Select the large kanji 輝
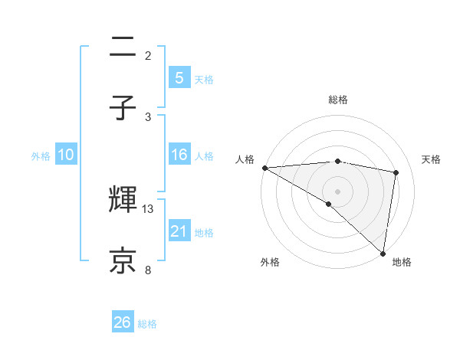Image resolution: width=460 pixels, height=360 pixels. [x=123, y=201]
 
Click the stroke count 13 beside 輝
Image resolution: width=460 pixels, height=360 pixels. [x=149, y=209]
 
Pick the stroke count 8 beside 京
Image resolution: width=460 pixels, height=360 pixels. [x=148, y=269]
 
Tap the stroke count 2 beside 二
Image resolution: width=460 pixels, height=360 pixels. [x=148, y=56]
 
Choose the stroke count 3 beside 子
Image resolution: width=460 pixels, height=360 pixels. [x=148, y=116]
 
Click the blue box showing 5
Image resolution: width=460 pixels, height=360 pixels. [x=179, y=77]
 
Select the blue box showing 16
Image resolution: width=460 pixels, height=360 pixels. [x=179, y=155]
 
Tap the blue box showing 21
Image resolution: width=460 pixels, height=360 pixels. [x=179, y=231]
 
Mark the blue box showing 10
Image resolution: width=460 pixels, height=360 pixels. [x=66, y=155]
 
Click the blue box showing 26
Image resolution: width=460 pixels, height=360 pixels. [x=123, y=322]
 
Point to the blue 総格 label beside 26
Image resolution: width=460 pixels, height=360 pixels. [x=147, y=324]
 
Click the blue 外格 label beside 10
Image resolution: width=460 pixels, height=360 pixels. [x=41, y=156]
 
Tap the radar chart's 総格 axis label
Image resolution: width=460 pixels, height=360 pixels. [x=337, y=100]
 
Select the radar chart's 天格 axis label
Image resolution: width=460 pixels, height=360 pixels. [x=431, y=159]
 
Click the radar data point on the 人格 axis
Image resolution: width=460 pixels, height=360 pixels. [x=264, y=168]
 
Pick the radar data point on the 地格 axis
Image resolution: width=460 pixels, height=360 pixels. [x=382, y=252]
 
